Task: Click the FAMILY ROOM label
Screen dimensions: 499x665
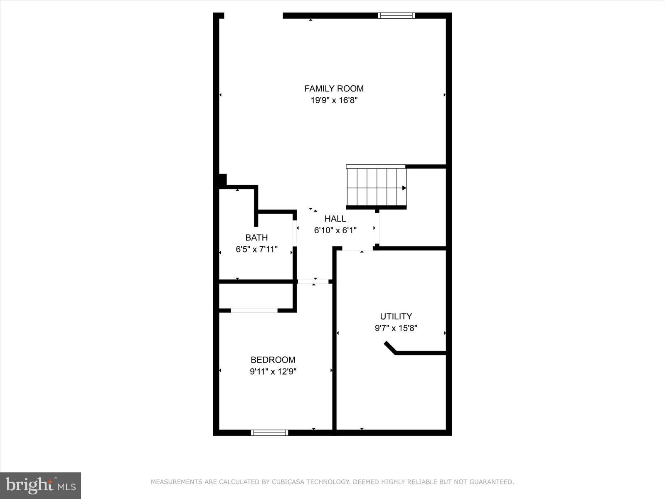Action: (334, 89)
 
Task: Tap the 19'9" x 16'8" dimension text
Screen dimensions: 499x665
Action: (334, 100)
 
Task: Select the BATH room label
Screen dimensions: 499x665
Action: (256, 238)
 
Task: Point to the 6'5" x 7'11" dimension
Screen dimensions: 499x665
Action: (256, 249)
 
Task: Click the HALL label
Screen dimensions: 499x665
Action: (335, 219)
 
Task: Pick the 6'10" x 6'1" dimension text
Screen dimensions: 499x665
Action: (335, 230)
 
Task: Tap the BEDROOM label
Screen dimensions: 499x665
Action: (273, 360)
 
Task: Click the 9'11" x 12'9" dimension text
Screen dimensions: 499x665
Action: (273, 372)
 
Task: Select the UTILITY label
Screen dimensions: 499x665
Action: (396, 316)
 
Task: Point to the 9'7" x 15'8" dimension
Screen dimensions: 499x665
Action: (396, 328)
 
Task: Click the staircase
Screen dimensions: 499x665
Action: (376, 187)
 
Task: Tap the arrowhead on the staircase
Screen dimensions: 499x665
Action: (404, 188)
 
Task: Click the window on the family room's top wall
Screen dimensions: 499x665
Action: (396, 16)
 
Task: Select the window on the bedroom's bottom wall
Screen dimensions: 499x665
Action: (269, 433)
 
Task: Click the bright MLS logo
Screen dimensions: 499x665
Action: (40, 485)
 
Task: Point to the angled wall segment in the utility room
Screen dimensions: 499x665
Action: (390, 348)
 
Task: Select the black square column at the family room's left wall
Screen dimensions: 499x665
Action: (222, 180)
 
